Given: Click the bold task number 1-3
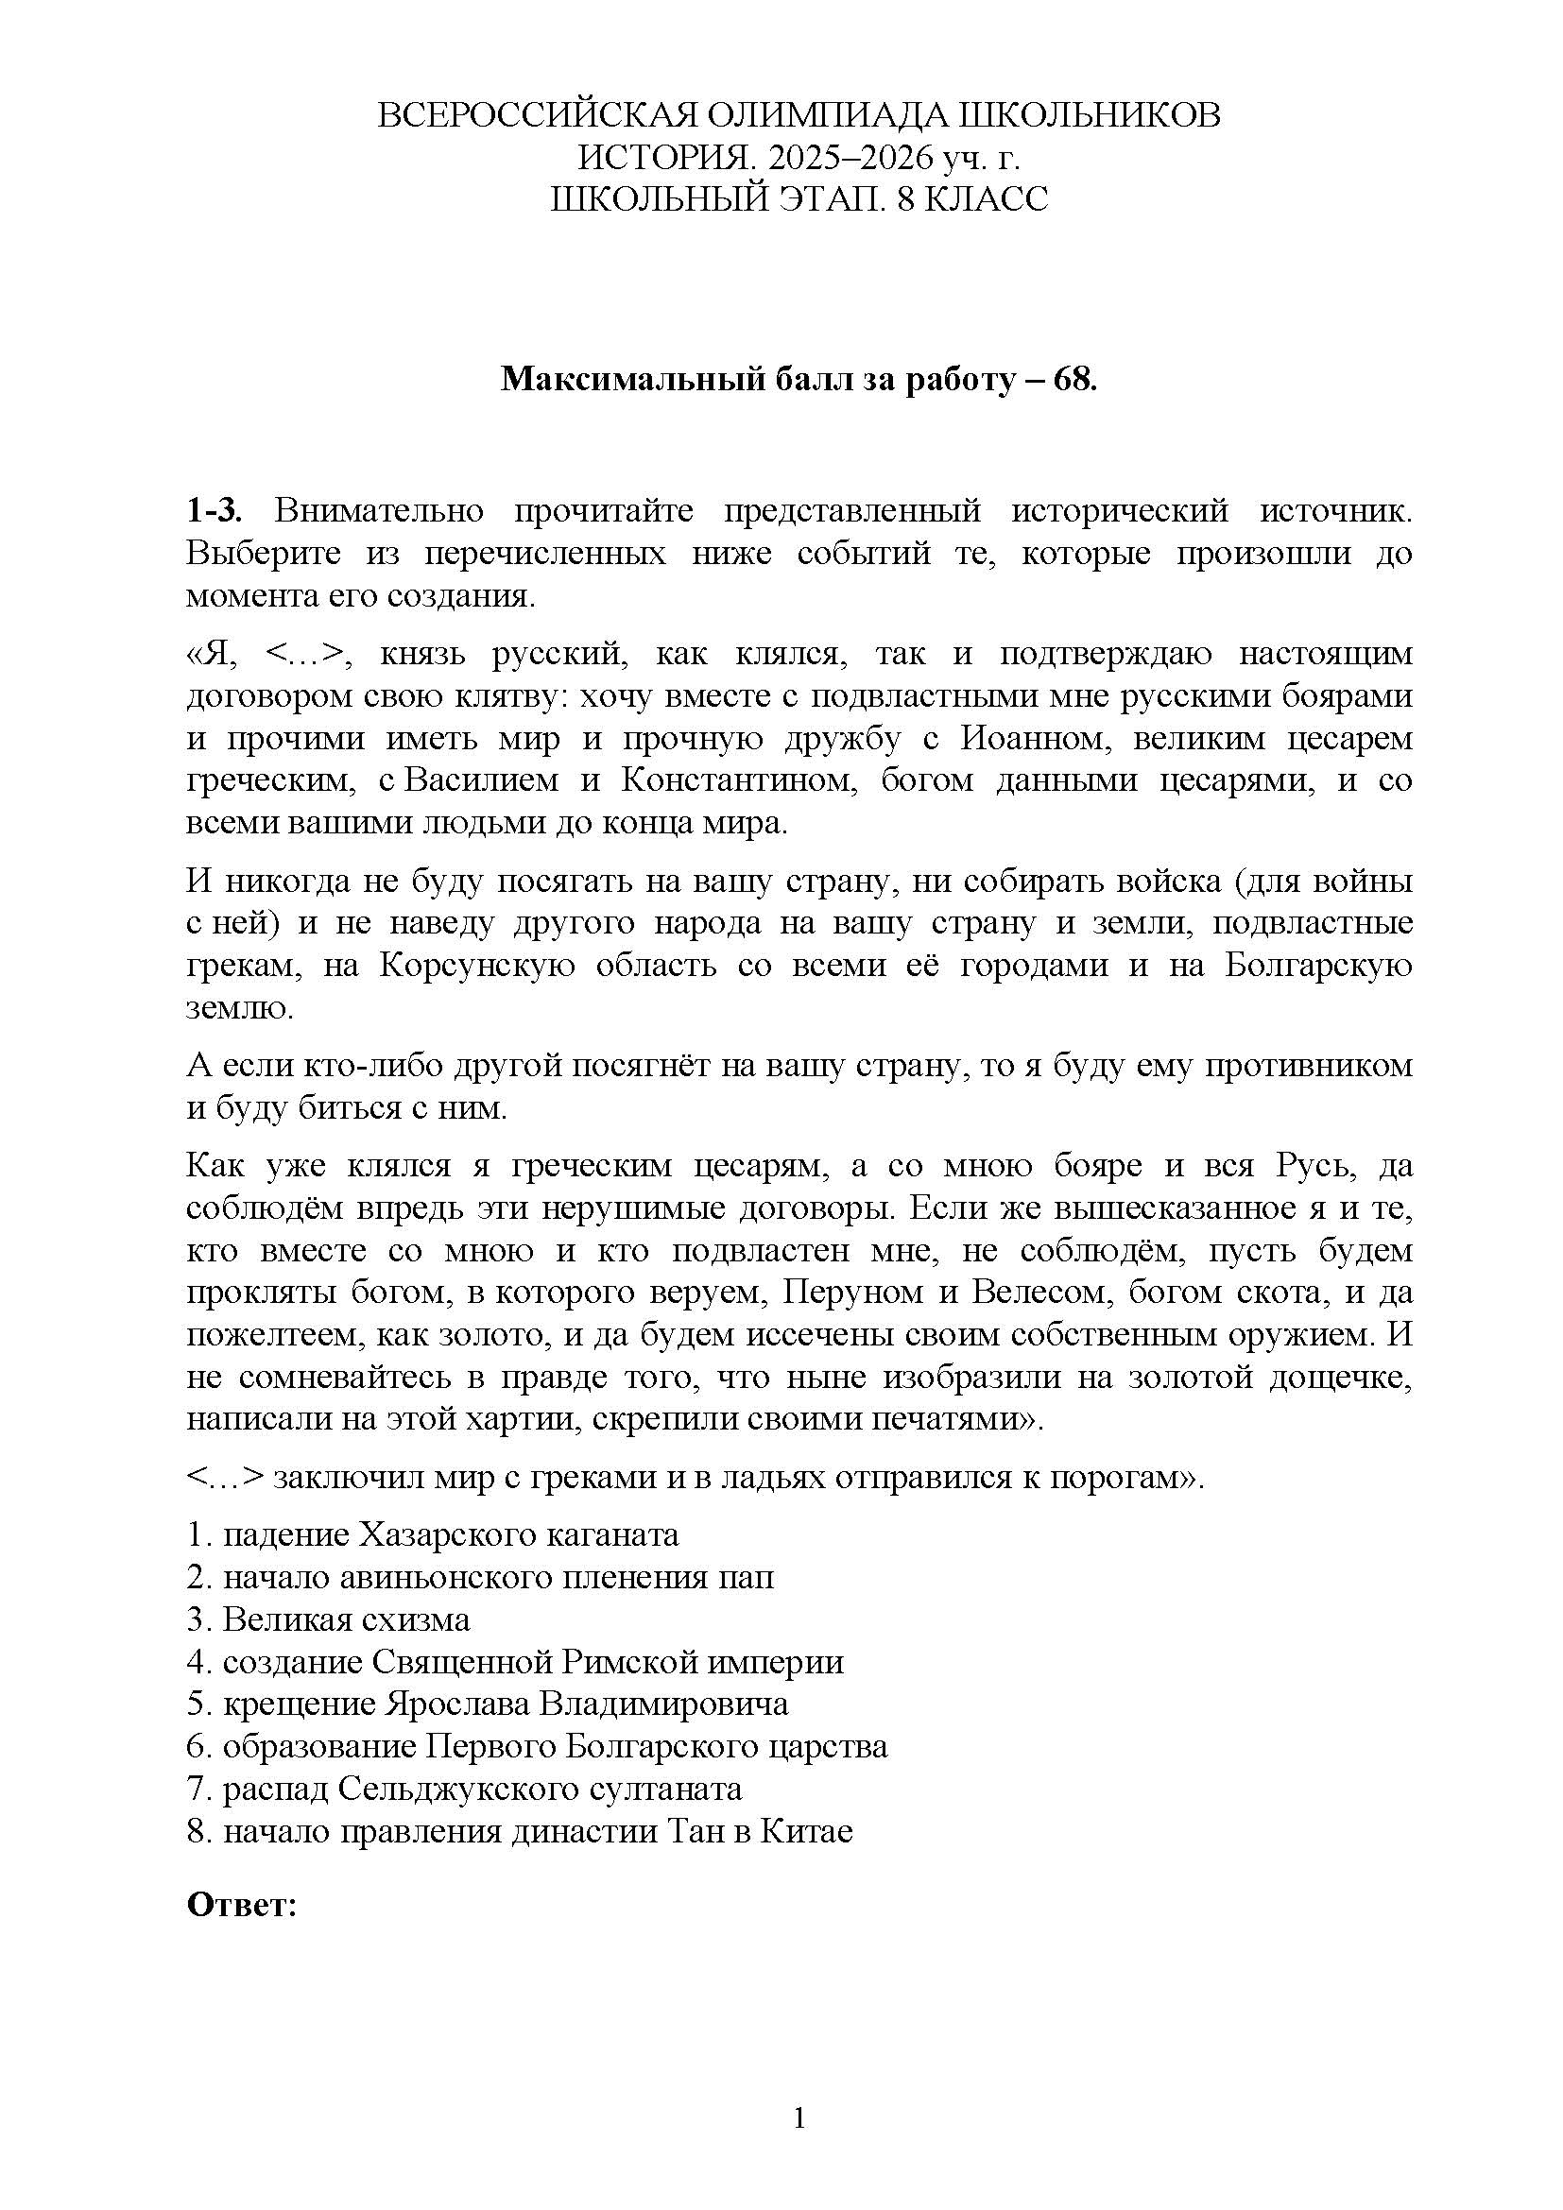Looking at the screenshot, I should coord(215,510).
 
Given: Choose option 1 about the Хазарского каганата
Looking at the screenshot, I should coord(432,1534).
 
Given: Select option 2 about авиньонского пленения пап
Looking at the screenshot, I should coord(480,1577).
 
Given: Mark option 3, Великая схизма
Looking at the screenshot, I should coord(328,1619).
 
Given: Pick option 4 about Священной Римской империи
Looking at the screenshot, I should coord(515,1661).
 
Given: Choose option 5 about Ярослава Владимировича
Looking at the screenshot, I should coord(487,1704).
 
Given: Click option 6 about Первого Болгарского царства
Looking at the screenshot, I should coord(537,1746).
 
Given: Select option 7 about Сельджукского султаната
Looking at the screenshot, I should coord(464,1789).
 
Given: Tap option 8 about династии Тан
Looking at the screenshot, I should coord(520,1831).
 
